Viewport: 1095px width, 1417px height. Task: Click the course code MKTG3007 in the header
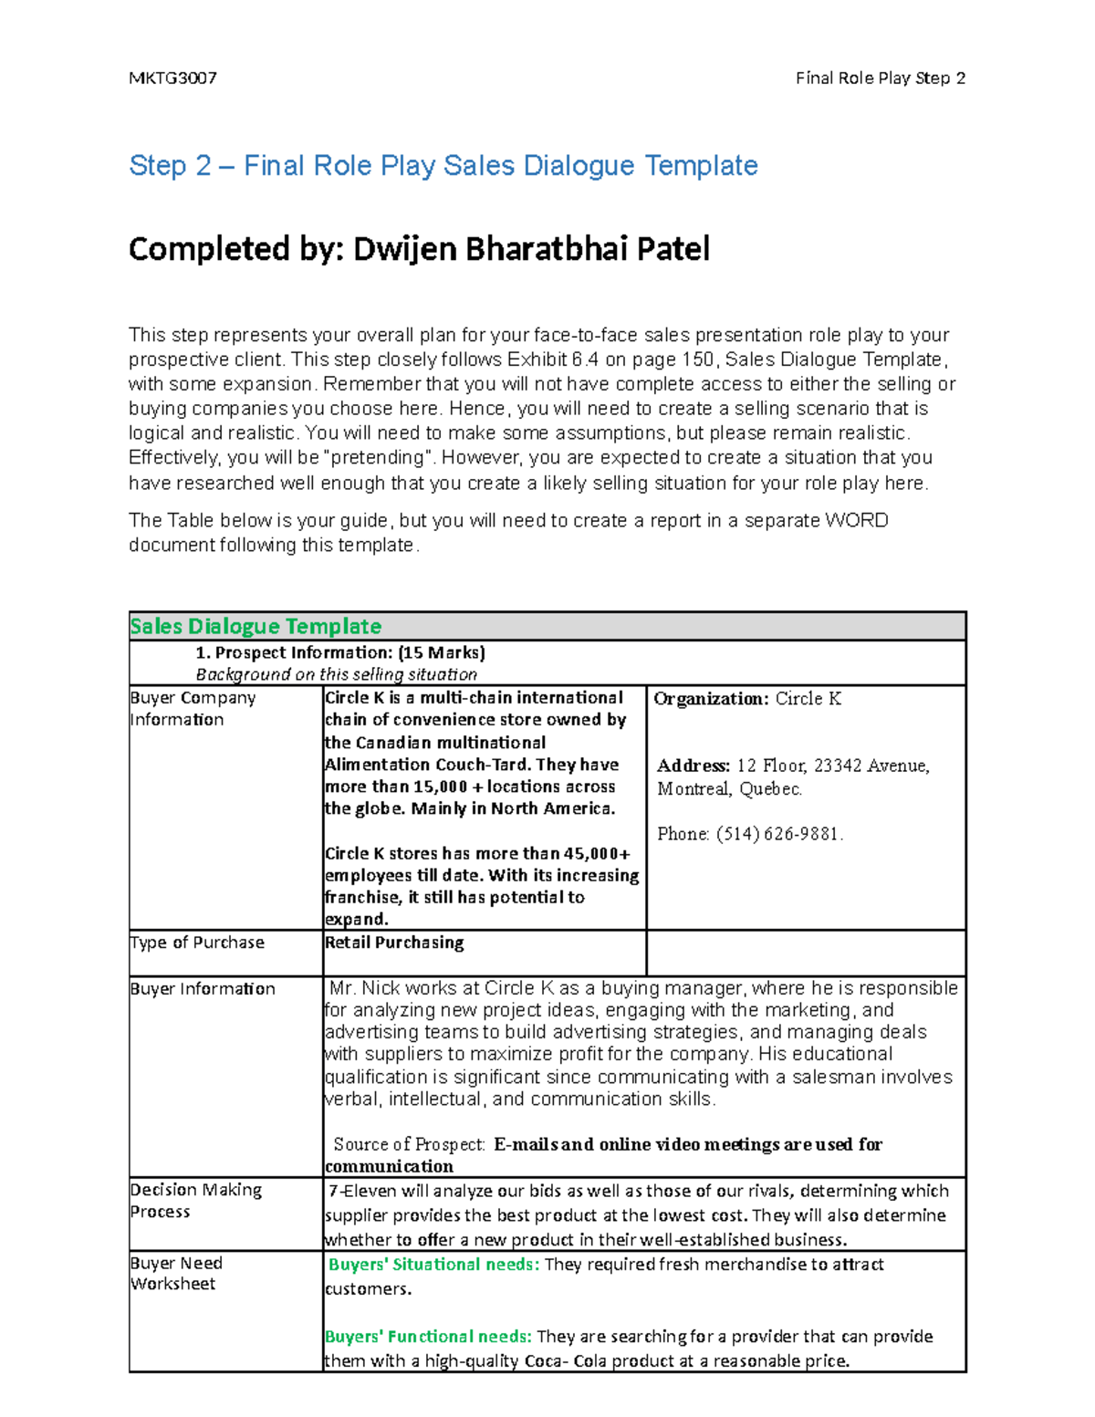(x=172, y=78)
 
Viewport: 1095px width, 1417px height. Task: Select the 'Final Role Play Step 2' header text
(x=880, y=78)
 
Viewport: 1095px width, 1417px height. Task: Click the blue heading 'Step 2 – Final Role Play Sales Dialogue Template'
(x=443, y=166)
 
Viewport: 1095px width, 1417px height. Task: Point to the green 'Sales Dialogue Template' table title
(x=255, y=627)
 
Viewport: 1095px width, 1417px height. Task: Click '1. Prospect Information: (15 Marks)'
(x=340, y=652)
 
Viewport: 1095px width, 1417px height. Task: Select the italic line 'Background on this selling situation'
(x=336, y=674)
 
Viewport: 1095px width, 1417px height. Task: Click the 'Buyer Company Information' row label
(x=193, y=708)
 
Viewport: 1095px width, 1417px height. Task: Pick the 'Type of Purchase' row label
(x=197, y=943)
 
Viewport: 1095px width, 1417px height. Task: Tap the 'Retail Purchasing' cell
(x=394, y=943)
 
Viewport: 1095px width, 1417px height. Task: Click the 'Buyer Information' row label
(x=203, y=989)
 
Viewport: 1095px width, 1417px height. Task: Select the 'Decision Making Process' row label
(x=195, y=1201)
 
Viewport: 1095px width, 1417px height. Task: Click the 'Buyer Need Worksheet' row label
(x=176, y=1274)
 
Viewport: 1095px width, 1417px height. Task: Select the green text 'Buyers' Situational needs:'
(x=433, y=1265)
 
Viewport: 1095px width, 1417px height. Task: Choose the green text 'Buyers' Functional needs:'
(x=428, y=1337)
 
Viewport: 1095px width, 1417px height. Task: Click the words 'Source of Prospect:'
(x=409, y=1144)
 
